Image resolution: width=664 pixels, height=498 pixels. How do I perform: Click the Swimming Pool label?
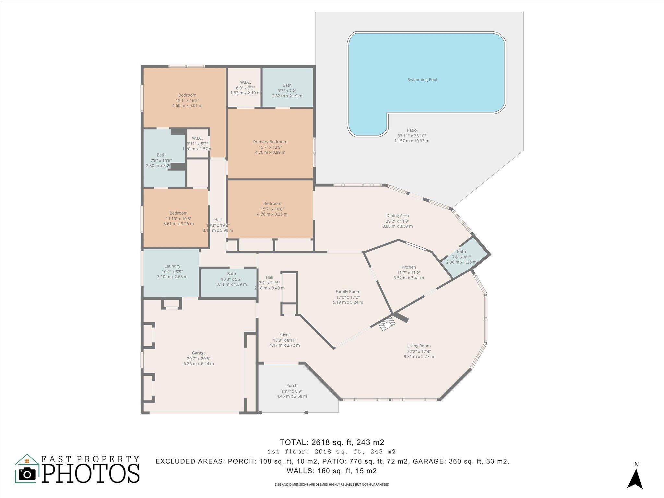(422, 80)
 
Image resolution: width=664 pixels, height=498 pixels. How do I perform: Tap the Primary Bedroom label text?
(270, 142)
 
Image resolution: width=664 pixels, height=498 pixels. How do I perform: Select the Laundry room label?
(172, 266)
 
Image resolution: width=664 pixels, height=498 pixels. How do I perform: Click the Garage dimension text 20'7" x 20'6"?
(198, 359)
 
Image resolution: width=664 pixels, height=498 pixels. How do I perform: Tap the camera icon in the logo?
(27, 474)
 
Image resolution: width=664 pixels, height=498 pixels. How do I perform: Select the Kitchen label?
(409, 267)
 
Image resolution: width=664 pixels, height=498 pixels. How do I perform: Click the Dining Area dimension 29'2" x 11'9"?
(397, 221)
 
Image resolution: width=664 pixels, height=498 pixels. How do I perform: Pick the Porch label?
(292, 386)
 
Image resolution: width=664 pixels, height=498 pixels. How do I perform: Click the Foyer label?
(285, 335)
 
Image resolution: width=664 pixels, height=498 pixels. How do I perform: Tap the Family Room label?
(348, 292)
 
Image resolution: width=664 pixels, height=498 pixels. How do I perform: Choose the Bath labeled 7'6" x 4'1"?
(461, 252)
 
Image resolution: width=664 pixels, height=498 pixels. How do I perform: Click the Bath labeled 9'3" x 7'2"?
(287, 86)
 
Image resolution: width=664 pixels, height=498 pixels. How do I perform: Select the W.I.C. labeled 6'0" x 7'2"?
(245, 83)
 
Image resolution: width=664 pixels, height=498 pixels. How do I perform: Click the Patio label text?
(412, 130)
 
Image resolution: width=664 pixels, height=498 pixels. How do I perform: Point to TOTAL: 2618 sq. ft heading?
(332, 442)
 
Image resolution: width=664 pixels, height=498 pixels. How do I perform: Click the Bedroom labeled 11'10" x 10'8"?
(178, 213)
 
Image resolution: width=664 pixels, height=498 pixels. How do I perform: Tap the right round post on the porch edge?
(306, 413)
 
